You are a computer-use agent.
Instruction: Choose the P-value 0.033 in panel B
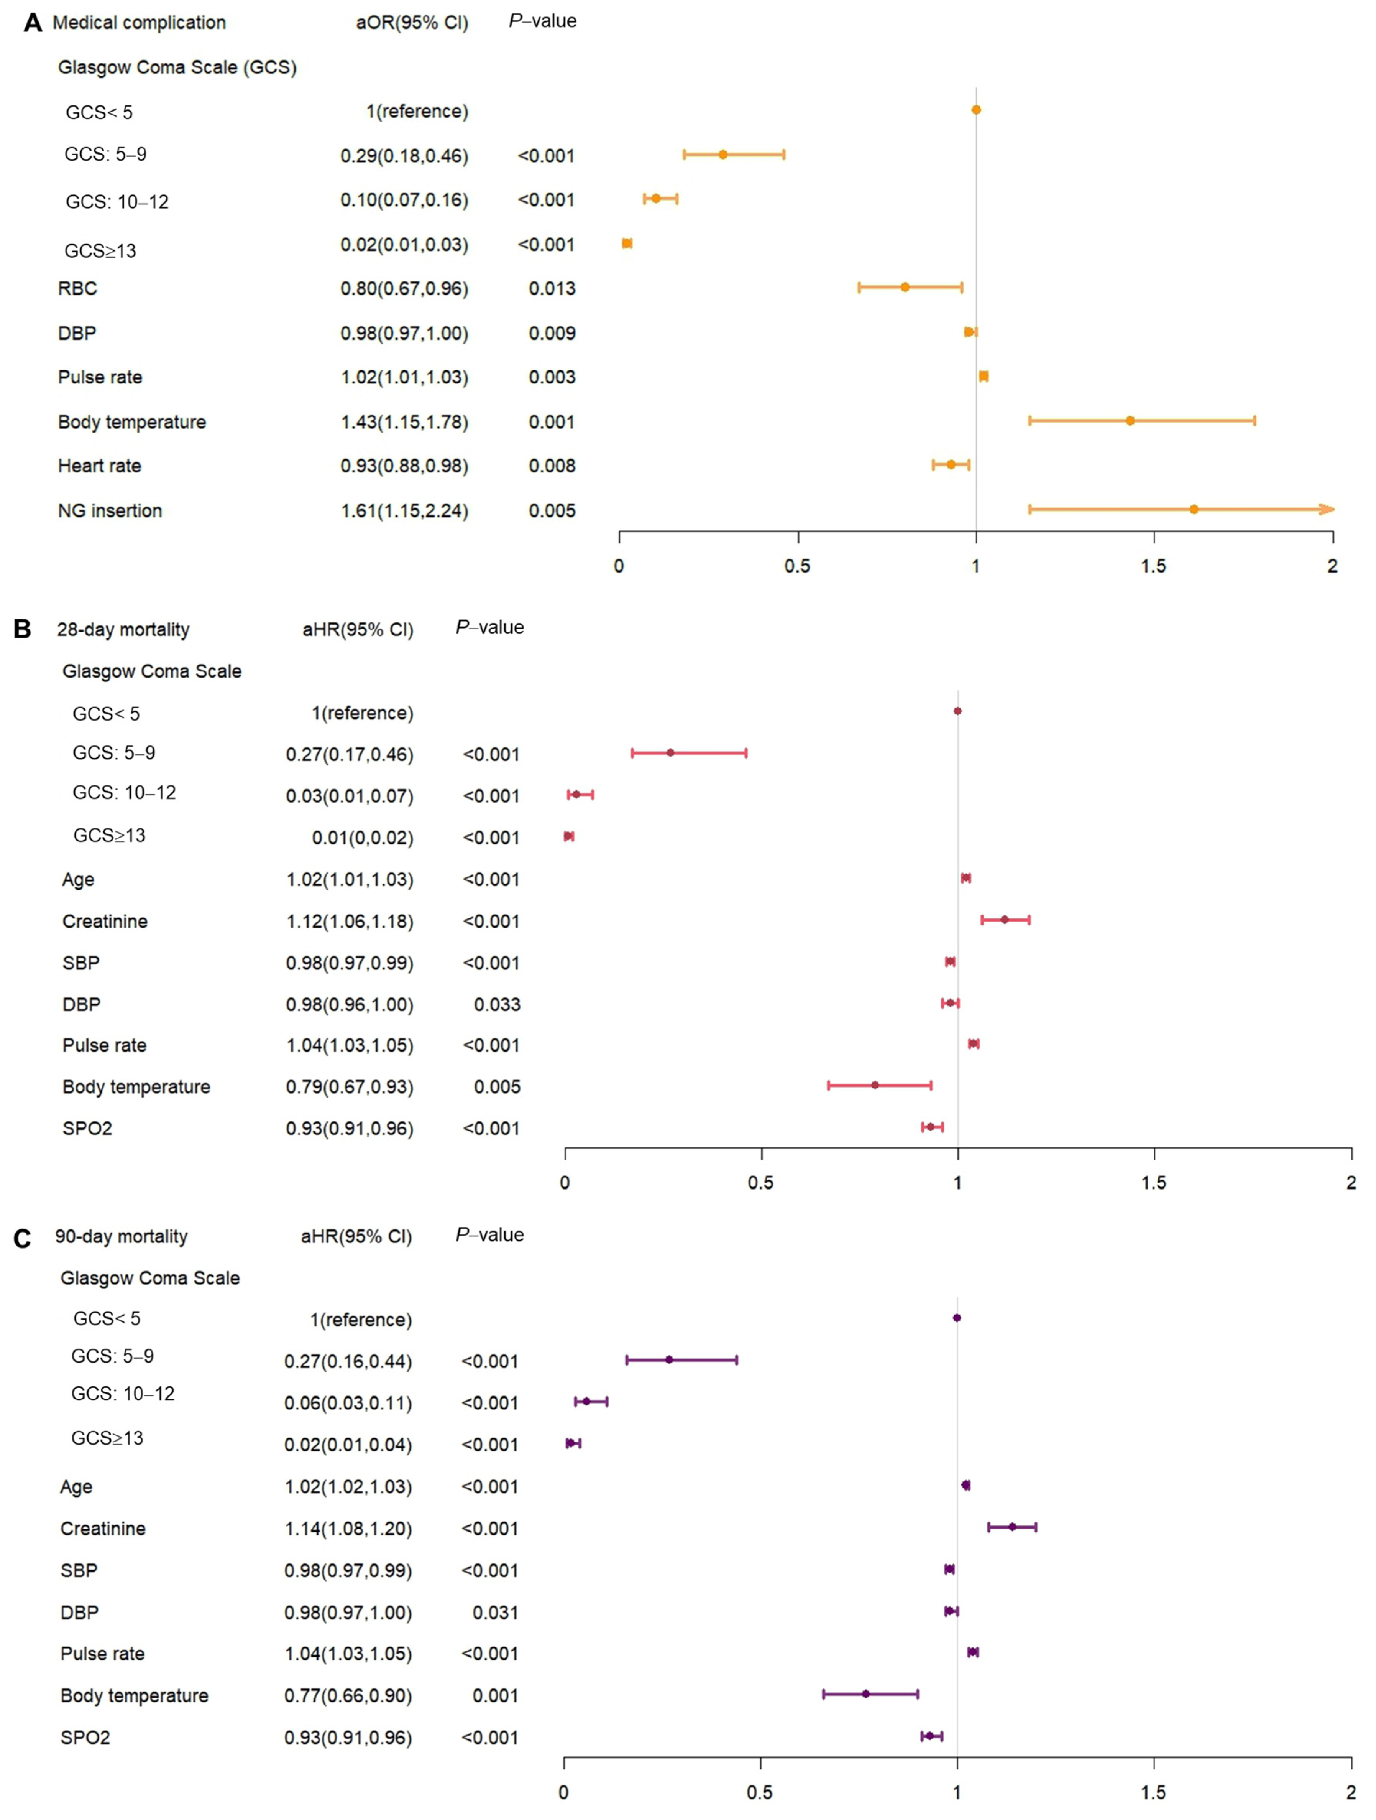[497, 1005]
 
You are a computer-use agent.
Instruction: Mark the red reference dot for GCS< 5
[957, 711]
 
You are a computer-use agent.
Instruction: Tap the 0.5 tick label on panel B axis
[761, 1183]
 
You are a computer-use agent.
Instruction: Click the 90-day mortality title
[121, 1237]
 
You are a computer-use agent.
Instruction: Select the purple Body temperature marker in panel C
[865, 1693]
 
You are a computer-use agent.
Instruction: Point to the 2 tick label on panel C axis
[1350, 1792]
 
